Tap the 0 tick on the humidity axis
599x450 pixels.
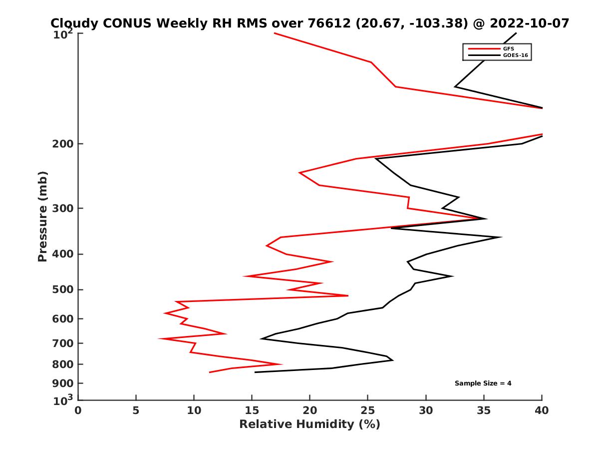78,410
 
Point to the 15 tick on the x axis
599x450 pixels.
252,410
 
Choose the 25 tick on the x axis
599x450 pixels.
367,410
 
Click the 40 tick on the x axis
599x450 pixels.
542,410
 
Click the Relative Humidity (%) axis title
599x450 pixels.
309,424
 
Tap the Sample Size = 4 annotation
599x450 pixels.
483,383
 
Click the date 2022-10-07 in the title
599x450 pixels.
530,23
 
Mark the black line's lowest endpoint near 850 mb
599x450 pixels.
255,372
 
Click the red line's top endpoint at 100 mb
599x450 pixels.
275,33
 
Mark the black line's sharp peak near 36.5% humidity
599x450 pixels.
501,237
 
